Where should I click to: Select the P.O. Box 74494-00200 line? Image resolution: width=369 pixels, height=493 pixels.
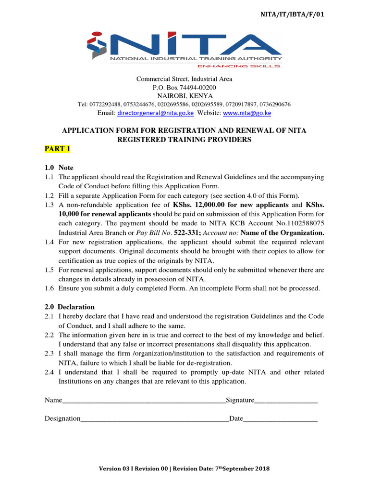pos(184,87)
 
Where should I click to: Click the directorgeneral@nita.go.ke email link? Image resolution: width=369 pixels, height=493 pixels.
pos(156,113)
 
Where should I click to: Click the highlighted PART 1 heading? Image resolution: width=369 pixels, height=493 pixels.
pos(58,149)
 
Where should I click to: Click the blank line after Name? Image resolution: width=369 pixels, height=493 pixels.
pos(144,401)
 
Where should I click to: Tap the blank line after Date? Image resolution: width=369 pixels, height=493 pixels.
pos(281,419)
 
